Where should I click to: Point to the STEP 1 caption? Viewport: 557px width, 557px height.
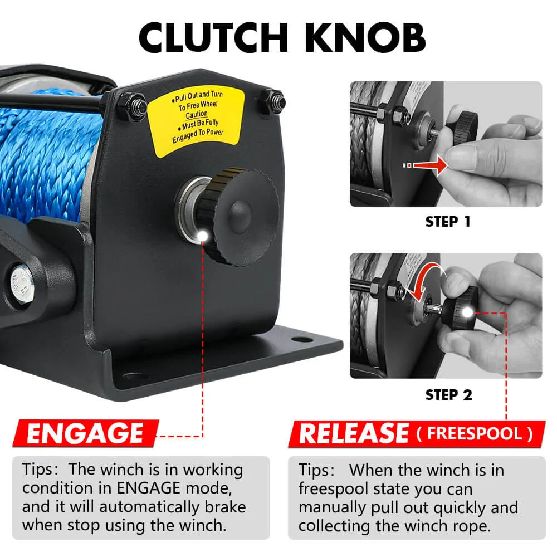[448, 221]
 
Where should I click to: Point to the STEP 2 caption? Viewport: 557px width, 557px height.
[448, 395]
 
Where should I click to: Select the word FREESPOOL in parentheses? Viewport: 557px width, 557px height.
[473, 433]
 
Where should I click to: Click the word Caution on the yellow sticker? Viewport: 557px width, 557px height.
[197, 114]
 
